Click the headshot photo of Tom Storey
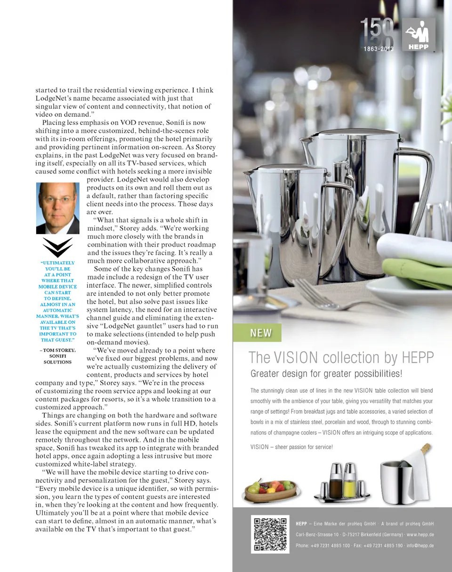(x=57, y=208)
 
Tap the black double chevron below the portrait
(x=57, y=247)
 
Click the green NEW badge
(x=261, y=333)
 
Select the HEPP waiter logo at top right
(x=419, y=34)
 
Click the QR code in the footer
(x=270, y=534)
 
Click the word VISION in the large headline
(x=296, y=358)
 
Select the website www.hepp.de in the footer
(x=421, y=534)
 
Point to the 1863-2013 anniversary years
(x=378, y=49)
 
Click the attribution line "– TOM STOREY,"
(x=57, y=350)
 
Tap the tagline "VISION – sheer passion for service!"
(x=291, y=447)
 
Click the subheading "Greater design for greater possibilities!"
(x=326, y=375)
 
